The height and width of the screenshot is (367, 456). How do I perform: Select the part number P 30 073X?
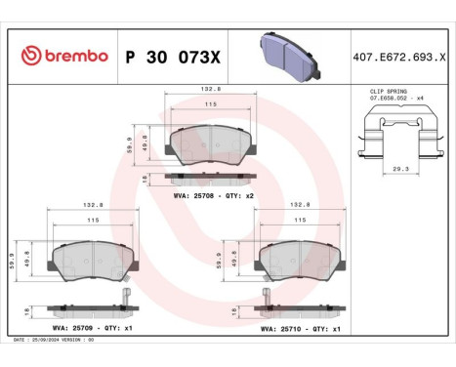[174, 57]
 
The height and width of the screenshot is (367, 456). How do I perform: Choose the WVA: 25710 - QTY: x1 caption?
[300, 329]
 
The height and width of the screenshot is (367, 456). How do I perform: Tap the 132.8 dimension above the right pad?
[302, 206]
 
